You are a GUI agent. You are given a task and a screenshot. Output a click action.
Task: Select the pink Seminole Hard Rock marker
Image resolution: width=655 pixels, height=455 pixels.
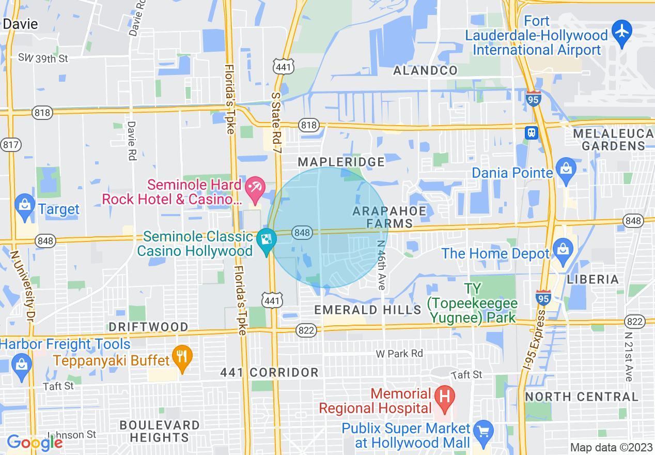[255, 188]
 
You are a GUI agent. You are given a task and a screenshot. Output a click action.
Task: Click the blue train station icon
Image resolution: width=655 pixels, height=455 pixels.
[531, 132]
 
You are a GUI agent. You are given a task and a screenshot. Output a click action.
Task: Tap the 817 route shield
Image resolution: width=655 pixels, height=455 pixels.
[10, 145]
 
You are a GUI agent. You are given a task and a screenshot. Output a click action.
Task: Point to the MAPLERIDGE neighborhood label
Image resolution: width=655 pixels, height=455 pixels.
[341, 162]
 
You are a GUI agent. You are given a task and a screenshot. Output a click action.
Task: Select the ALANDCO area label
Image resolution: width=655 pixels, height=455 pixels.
[425, 71]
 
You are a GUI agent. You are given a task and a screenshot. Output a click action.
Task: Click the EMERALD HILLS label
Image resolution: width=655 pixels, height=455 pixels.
[368, 310]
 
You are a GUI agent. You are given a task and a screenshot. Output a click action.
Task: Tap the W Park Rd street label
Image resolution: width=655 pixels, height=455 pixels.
[399, 354]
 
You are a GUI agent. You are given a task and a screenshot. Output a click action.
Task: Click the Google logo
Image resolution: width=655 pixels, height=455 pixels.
[34, 443]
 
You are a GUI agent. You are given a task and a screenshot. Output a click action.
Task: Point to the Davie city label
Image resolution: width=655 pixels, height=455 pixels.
[20, 24]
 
